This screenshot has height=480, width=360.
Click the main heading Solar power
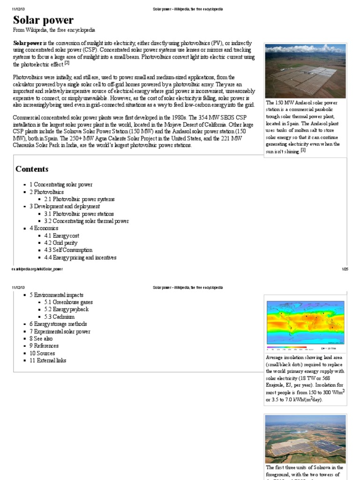click(x=43, y=20)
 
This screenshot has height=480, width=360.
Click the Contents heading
click(x=32, y=169)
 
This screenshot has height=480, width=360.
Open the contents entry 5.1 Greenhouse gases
click(x=72, y=302)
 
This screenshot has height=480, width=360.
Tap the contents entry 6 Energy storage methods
click(x=58, y=324)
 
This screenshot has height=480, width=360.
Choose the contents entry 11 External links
click(x=48, y=360)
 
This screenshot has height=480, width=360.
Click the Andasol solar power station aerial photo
click(x=305, y=70)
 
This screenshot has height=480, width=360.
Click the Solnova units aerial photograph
click(x=305, y=438)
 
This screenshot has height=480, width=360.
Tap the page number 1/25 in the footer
click(x=345, y=269)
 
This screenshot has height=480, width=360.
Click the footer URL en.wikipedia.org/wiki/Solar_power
click(x=37, y=269)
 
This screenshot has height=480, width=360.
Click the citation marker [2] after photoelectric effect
click(x=67, y=63)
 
